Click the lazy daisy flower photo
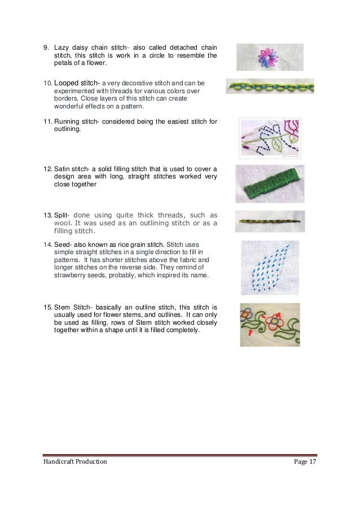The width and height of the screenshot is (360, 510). [269, 57]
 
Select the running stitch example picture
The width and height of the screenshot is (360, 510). [270, 138]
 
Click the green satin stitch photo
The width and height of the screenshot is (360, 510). [270, 184]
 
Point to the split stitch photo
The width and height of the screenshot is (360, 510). [270, 221]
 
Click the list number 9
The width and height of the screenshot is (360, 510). [47, 47]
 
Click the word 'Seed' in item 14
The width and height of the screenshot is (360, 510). [63, 244]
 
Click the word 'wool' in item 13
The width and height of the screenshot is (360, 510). [63, 223]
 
